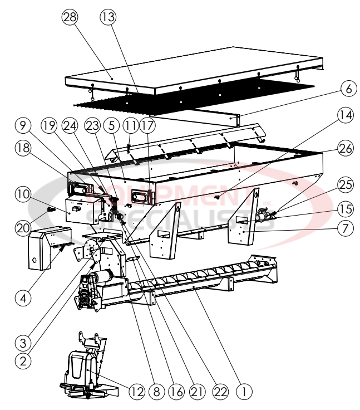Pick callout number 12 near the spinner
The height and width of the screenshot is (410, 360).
pos(126,391)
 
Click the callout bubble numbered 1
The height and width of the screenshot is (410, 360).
pos(243,391)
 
